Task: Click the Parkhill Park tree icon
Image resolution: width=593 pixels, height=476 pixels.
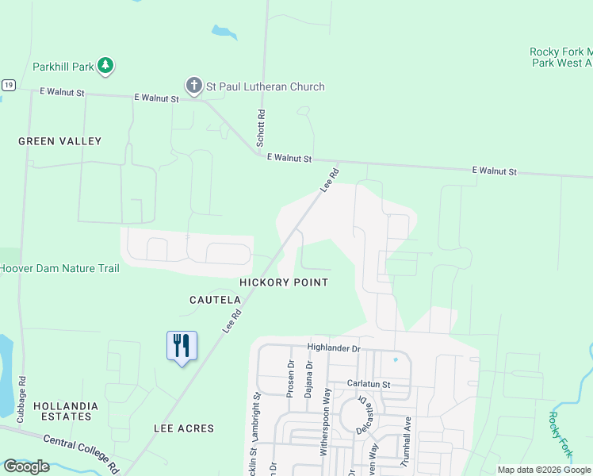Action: [106, 67]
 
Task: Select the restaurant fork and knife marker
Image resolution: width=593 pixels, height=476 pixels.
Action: [182, 346]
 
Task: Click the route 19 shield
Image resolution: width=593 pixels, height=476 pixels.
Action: [8, 86]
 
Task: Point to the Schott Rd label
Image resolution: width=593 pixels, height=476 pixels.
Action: [260, 128]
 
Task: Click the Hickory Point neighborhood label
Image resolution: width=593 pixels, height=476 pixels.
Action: [284, 282]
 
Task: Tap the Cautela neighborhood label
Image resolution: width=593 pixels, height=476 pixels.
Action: [215, 300]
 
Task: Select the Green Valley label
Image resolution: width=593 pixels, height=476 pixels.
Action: [60, 141]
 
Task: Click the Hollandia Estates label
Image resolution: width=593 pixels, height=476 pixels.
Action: [61, 411]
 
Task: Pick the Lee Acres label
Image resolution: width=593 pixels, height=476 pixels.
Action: [184, 428]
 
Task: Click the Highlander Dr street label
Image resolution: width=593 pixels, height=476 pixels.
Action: [334, 348]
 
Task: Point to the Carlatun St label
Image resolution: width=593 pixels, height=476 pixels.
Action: [369, 383]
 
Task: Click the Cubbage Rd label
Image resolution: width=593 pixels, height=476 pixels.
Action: [21, 397]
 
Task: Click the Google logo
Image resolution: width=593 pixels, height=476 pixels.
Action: [27, 466]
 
